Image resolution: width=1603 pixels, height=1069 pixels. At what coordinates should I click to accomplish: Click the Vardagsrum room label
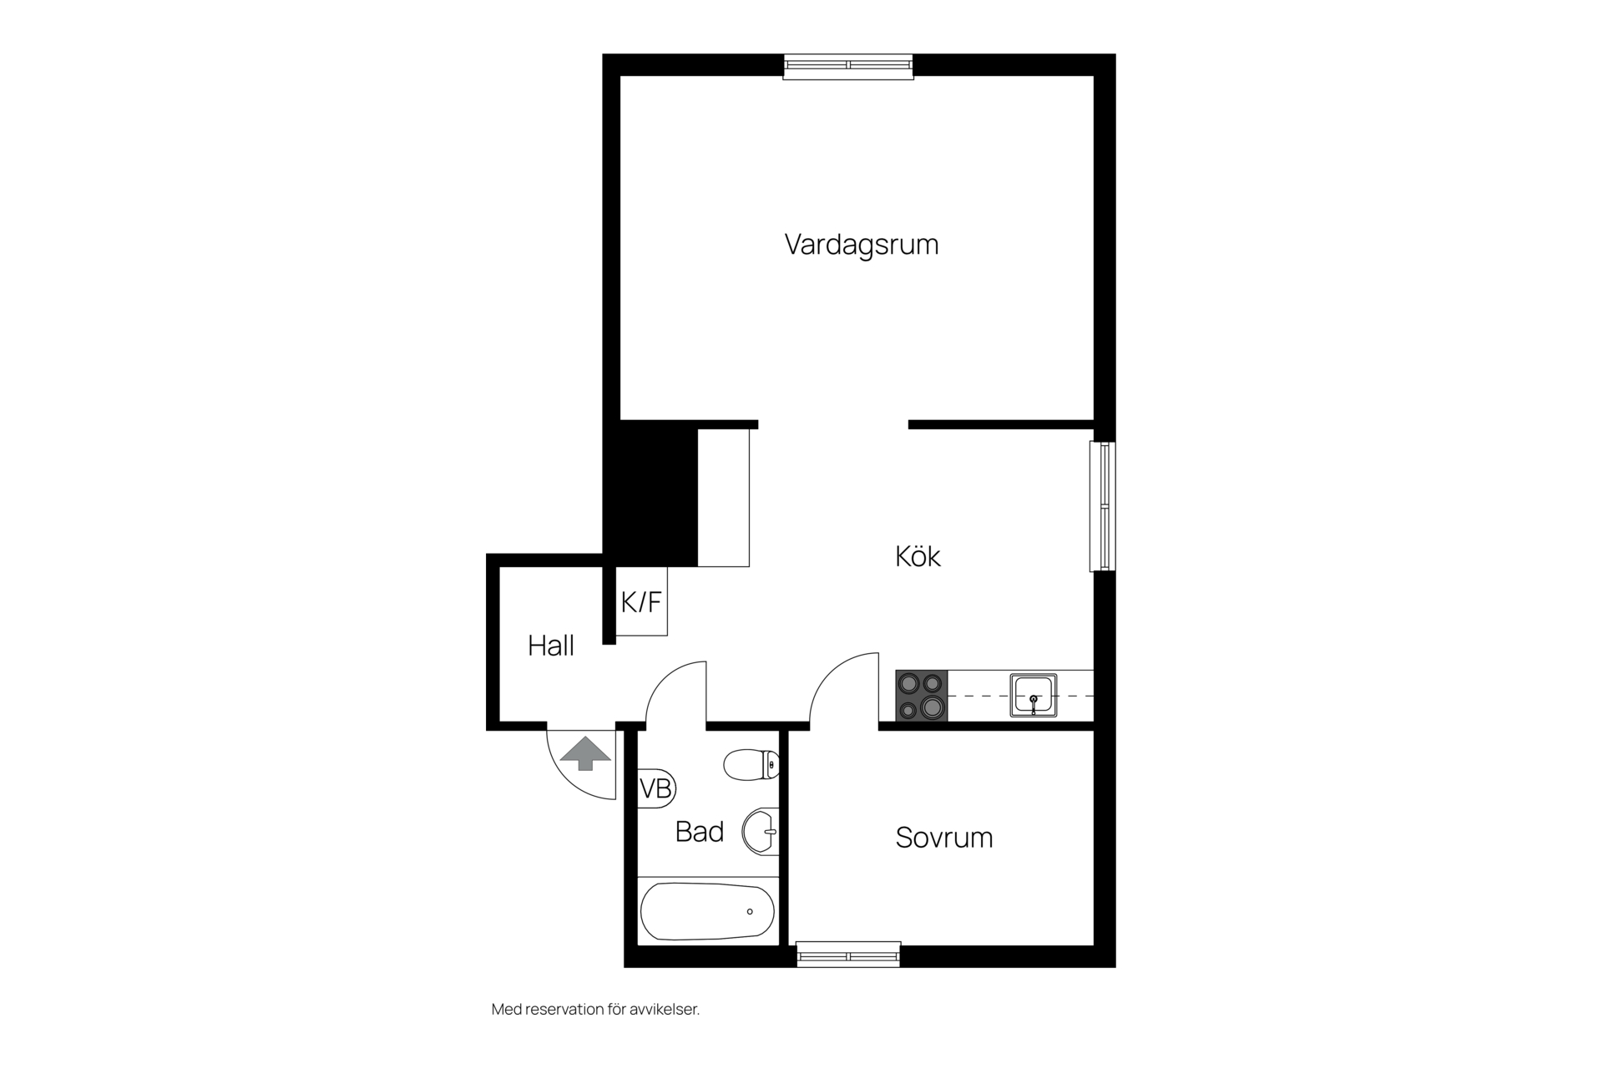pyautogui.click(x=862, y=245)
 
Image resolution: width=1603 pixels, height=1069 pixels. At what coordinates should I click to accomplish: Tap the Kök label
pyautogui.click(x=918, y=556)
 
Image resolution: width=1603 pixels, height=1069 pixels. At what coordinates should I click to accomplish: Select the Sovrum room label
pyautogui.click(x=944, y=838)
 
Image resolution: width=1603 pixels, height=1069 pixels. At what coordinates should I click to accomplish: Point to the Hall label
pyautogui.click(x=551, y=646)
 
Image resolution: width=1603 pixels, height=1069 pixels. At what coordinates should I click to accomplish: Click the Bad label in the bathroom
pyautogui.click(x=700, y=832)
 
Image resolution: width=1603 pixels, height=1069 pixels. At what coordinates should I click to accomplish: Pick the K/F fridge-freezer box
pyautogui.click(x=641, y=601)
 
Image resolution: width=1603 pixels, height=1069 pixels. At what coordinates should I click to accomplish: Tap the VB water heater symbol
pyautogui.click(x=656, y=788)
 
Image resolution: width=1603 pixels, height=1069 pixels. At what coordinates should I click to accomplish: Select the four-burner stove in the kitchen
pyautogui.click(x=922, y=696)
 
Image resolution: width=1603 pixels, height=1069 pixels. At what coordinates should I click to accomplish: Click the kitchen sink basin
pyautogui.click(x=1034, y=696)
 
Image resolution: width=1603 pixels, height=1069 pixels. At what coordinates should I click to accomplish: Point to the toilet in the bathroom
pyautogui.click(x=751, y=764)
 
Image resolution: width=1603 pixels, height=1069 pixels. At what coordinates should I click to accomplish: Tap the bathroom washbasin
pyautogui.click(x=761, y=831)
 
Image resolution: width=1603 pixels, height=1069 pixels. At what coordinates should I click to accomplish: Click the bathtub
pyautogui.click(x=707, y=911)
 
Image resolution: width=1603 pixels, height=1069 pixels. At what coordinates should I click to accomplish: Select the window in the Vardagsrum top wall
pyautogui.click(x=848, y=66)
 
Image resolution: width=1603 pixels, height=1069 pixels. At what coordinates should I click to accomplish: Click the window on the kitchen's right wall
pyautogui.click(x=1102, y=506)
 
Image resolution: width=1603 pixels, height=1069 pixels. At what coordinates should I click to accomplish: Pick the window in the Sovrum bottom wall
pyautogui.click(x=848, y=955)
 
